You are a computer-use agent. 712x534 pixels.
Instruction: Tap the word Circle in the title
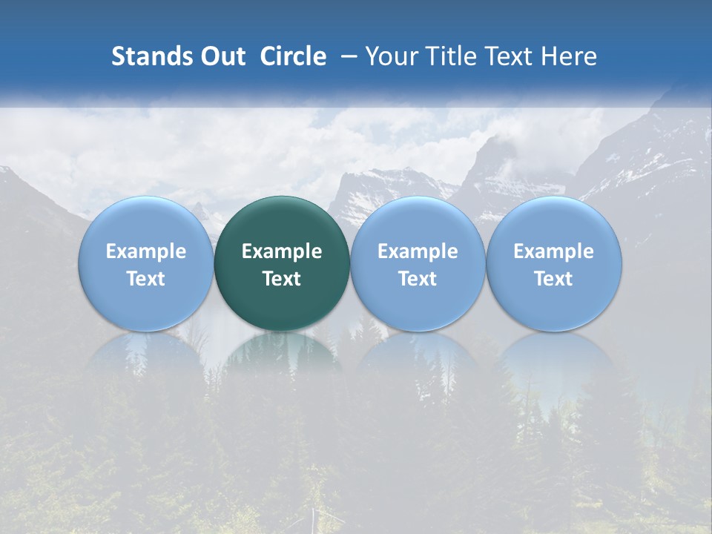[x=293, y=56]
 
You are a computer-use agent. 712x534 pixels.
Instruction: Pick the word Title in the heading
[x=447, y=56]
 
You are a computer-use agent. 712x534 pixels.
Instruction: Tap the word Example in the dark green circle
[x=282, y=252]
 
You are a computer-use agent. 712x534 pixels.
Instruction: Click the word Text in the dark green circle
[x=282, y=279]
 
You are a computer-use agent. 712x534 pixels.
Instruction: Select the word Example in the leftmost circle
[x=146, y=252]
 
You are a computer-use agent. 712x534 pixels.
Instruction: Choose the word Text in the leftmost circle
[x=146, y=279]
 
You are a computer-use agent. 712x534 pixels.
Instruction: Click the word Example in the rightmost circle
[x=554, y=252]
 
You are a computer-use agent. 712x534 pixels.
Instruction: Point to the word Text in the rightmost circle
[x=554, y=279]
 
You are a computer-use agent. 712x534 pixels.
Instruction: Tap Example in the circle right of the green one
[x=418, y=252]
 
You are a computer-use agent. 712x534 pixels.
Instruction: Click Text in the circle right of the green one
[x=418, y=279]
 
